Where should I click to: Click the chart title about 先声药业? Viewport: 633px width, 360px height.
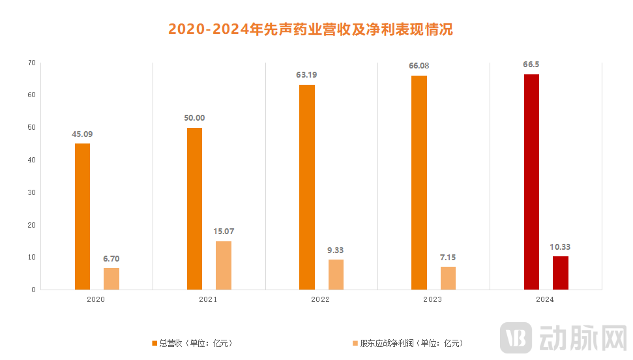pos(310,29)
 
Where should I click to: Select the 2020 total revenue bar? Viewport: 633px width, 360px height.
pos(82,217)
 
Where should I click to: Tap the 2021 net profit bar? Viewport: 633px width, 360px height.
pos(224,265)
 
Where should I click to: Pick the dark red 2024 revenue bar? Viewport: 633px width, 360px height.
pos(531,182)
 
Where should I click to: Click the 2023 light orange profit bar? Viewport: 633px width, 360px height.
pos(448,278)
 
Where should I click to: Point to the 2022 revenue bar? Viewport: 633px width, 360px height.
pos(307,187)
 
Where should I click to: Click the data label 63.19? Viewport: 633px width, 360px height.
pos(306,75)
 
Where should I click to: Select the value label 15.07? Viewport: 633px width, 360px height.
pos(224,232)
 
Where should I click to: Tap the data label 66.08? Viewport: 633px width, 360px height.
pos(419,66)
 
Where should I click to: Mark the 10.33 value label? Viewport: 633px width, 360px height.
pos(560,247)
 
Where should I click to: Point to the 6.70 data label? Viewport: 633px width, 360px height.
pos(111,258)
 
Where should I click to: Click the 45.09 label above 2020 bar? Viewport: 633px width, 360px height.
pos(82,134)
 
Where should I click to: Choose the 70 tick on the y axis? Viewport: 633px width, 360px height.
pos(31,63)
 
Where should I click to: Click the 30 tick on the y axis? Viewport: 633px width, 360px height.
pos(31,192)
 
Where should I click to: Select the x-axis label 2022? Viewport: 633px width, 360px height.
pos(320,299)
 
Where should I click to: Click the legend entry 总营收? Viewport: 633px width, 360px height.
pos(192,343)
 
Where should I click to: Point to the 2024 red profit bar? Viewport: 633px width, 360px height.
pos(560,273)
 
